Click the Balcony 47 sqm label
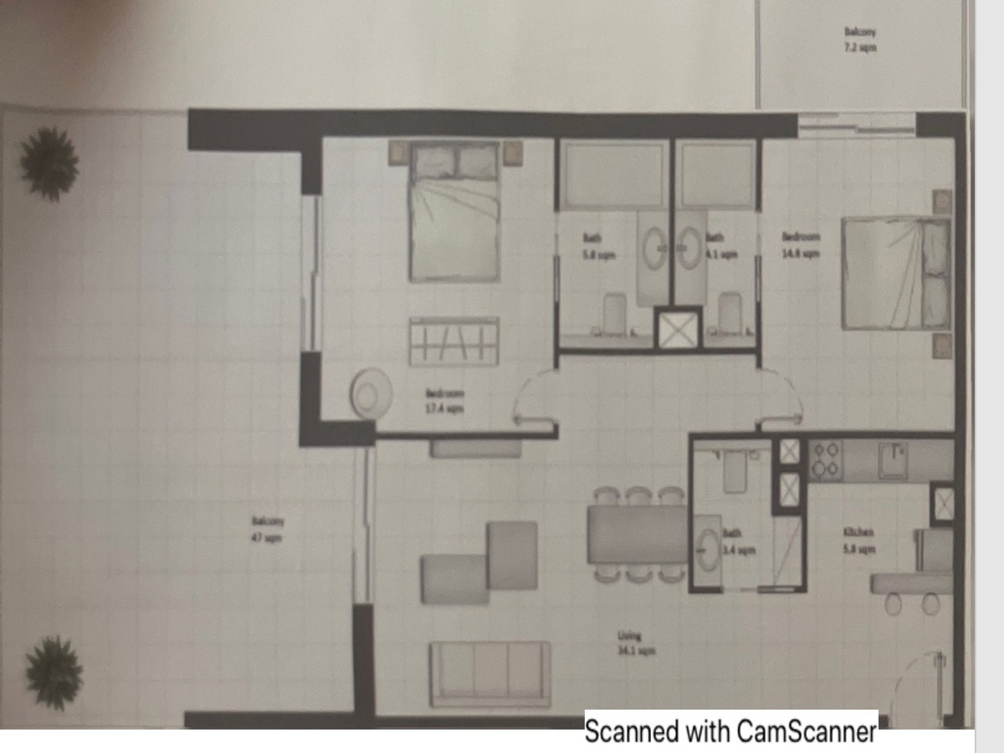pyautogui.click(x=268, y=529)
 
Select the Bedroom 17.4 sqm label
pyautogui.click(x=443, y=401)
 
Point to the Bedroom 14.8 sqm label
pyautogui.click(x=801, y=245)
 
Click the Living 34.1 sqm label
pyautogui.click(x=635, y=643)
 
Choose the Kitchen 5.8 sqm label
pyautogui.click(x=859, y=540)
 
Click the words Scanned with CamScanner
pyautogui.click(x=730, y=732)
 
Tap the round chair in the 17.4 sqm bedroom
pyautogui.click(x=371, y=393)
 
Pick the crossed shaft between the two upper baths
pyautogui.click(x=678, y=330)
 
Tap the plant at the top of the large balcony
pyautogui.click(x=49, y=163)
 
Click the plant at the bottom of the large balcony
pyautogui.click(x=54, y=673)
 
